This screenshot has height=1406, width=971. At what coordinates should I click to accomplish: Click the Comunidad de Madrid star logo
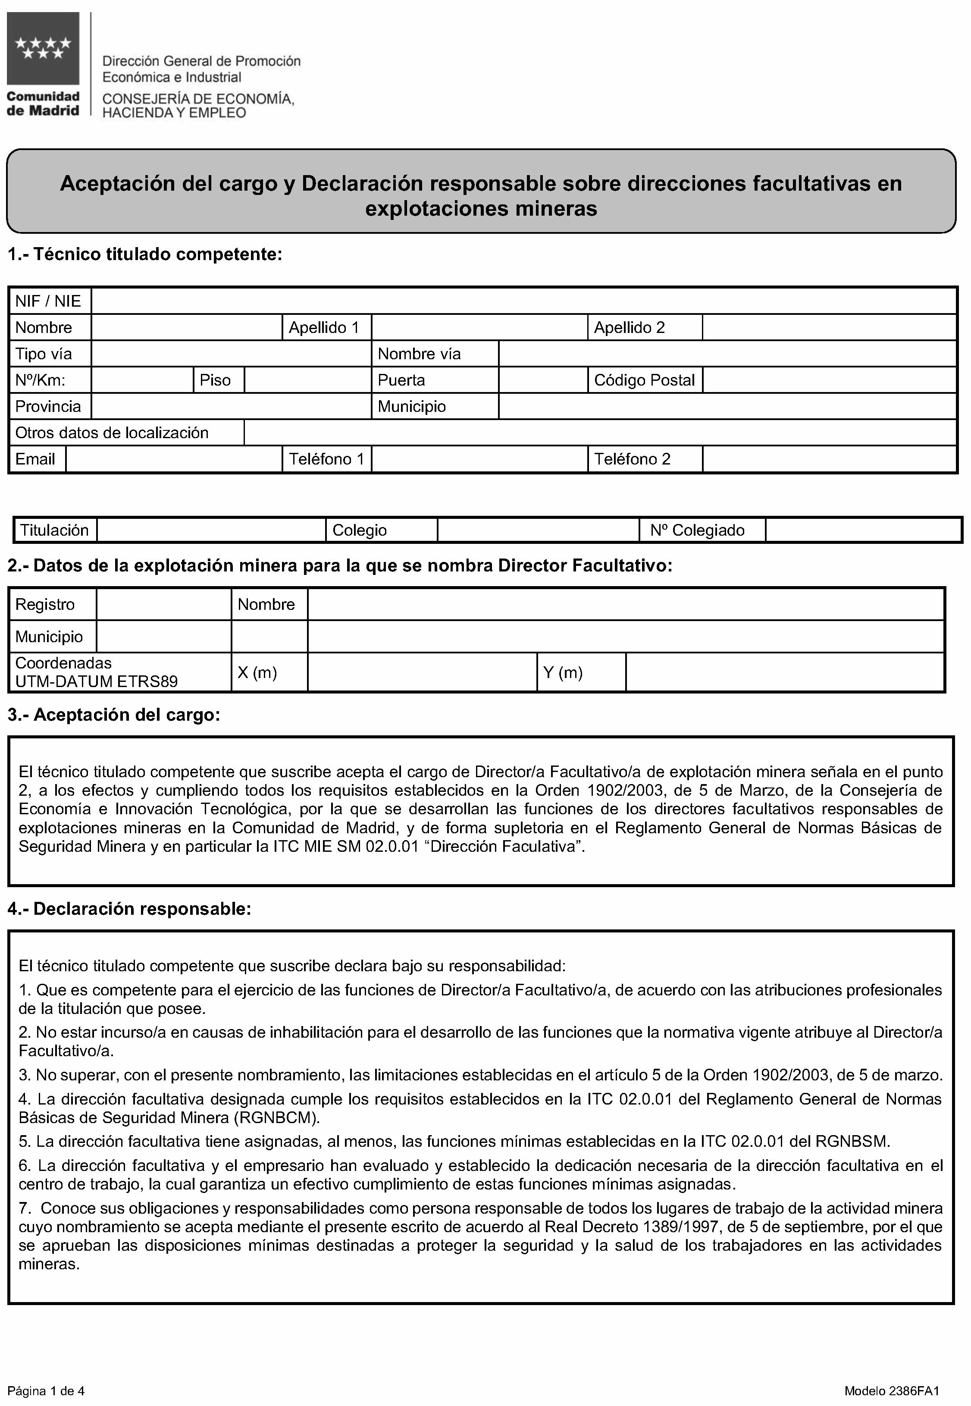pyautogui.click(x=43, y=49)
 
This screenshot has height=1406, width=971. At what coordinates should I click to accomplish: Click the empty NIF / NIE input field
pyautogui.click(x=523, y=301)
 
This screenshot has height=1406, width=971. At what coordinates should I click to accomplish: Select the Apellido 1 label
pyautogui.click(x=324, y=328)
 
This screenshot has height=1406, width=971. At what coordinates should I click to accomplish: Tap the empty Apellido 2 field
pyautogui.click(x=829, y=328)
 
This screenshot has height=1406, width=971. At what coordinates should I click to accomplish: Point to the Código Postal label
pyautogui.click(x=644, y=380)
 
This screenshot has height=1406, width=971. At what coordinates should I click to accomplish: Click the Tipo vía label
pyautogui.click(x=44, y=354)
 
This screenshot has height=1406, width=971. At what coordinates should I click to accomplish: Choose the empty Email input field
pyautogui.click(x=173, y=459)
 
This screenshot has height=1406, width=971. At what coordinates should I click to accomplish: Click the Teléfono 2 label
pyautogui.click(x=632, y=459)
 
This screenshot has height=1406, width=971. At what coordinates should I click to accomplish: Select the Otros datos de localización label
pyautogui.click(x=112, y=433)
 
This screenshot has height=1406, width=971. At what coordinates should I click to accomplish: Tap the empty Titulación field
pyautogui.click(x=211, y=530)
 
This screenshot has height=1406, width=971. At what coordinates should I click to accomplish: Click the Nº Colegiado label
pyautogui.click(x=697, y=530)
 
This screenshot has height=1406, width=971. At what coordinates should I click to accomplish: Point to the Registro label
pyautogui.click(x=45, y=605)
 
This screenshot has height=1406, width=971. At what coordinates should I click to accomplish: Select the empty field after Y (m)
pyautogui.click(x=785, y=673)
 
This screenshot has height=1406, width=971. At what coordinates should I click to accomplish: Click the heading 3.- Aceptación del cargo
pyautogui.click(x=114, y=715)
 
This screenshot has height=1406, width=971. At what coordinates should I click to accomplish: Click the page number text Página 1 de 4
pyautogui.click(x=46, y=1374)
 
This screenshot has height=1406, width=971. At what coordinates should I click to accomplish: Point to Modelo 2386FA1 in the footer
pyautogui.click(x=892, y=1374)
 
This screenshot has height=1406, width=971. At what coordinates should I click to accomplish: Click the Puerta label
pyautogui.click(x=401, y=380)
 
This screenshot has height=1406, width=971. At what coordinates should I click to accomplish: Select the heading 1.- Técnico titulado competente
pyautogui.click(x=145, y=254)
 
